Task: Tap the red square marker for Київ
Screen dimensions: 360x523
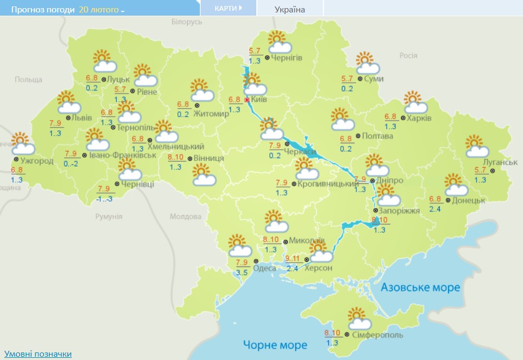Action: (247, 100)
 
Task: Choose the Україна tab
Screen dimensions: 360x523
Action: (289, 9)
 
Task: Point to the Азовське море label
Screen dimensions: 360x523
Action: (420, 287)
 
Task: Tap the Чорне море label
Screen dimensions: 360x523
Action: (275, 344)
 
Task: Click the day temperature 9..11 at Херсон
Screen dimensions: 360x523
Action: (292, 259)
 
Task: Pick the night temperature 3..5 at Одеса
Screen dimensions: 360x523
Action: (242, 272)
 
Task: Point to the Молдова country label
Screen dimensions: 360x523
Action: (185, 216)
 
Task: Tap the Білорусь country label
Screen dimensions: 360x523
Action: (186, 22)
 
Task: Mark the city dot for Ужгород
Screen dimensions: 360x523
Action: (16, 159)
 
